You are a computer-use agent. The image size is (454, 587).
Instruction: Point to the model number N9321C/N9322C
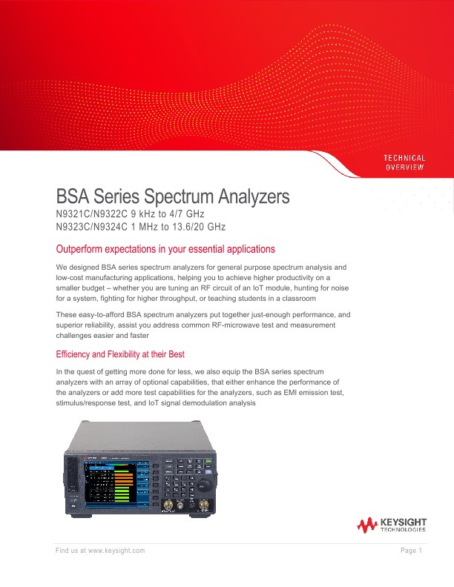pyautogui.click(x=91, y=213)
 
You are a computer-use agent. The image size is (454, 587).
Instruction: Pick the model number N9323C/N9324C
pyautogui.click(x=92, y=226)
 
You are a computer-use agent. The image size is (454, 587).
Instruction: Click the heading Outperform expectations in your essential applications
pyautogui.click(x=165, y=248)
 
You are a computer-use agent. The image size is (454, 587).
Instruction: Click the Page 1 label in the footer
pyautogui.click(x=411, y=550)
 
